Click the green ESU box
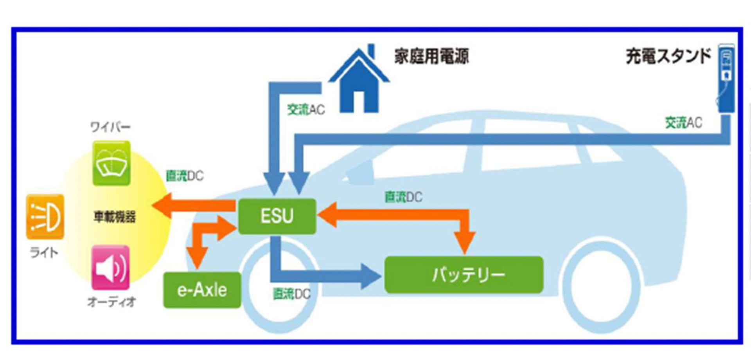click(277, 216)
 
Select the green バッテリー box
click(464, 275)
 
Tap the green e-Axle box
click(202, 290)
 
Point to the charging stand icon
click(726, 78)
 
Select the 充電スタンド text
click(668, 56)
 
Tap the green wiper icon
click(111, 164)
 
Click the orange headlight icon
click(45, 216)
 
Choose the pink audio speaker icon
click(110, 268)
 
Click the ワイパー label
click(110, 127)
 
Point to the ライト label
click(44, 253)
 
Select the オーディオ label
click(111, 302)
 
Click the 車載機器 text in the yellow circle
click(115, 216)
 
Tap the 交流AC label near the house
click(306, 110)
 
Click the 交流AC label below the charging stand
click(683, 123)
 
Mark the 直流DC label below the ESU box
click(291, 294)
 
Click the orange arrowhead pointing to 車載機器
click(162, 205)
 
